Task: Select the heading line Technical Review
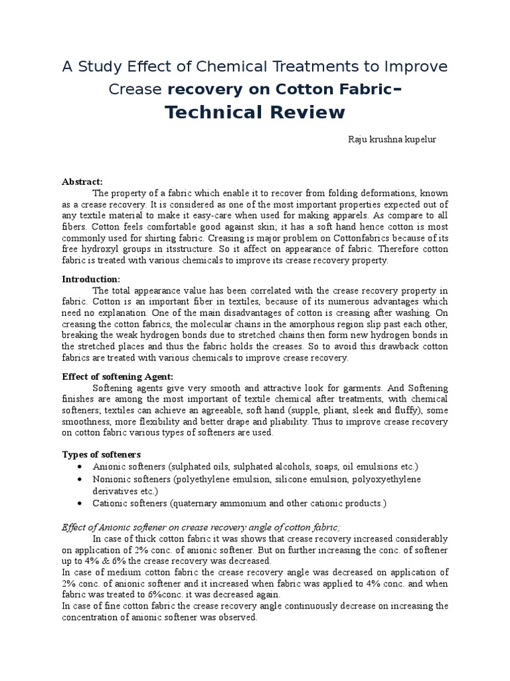255,112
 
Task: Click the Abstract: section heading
82,182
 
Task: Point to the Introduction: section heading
91,279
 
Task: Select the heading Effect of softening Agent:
117,376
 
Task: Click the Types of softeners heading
101,454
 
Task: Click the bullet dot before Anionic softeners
80,467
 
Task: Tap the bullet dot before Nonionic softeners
80,479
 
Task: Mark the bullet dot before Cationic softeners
80,503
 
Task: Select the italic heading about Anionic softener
201,527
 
